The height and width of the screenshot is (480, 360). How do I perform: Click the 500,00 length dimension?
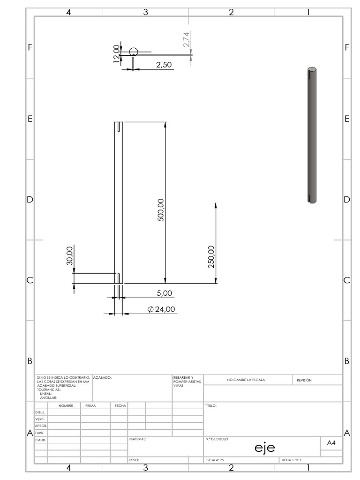click(x=161, y=210)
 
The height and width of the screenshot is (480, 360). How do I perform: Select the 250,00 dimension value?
click(x=211, y=256)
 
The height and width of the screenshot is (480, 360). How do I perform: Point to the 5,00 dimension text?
click(x=164, y=293)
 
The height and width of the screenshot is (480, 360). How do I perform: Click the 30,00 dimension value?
click(x=70, y=256)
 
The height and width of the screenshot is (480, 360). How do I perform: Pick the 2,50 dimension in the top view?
click(x=163, y=65)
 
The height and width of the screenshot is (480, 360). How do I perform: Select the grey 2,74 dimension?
click(x=187, y=39)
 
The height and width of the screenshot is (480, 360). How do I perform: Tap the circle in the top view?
click(x=134, y=52)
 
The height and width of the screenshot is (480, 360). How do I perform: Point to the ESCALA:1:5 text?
click(x=215, y=460)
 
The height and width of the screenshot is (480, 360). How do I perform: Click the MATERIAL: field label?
click(x=137, y=439)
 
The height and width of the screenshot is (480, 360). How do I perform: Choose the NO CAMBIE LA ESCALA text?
click(x=246, y=380)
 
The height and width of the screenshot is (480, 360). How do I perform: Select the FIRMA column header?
click(x=90, y=405)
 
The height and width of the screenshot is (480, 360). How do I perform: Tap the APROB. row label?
click(x=41, y=426)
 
